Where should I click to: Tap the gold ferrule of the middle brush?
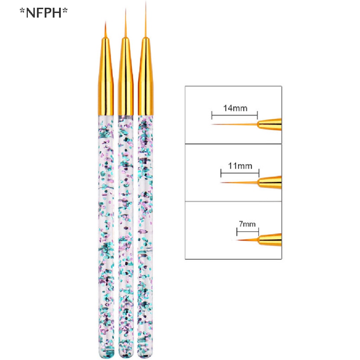(126, 77)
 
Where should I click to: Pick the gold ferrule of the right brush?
(146, 77)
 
